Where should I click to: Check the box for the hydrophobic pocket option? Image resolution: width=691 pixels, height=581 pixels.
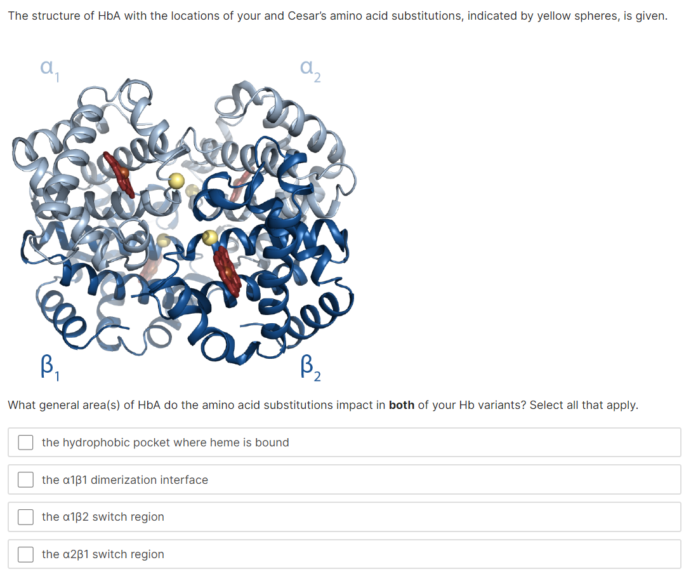coord(25,443)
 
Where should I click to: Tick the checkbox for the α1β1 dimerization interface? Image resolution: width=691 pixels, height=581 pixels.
coord(25,480)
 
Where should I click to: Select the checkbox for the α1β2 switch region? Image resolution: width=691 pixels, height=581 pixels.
coord(25,517)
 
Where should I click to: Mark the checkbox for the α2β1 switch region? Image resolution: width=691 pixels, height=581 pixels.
coord(25,554)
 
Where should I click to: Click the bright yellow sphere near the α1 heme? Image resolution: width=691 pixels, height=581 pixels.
coord(176,180)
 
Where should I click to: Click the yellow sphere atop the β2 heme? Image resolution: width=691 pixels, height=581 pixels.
coord(209,238)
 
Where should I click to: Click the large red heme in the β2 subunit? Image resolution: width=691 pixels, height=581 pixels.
coord(227,272)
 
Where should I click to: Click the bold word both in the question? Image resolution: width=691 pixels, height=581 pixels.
coord(401,405)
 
